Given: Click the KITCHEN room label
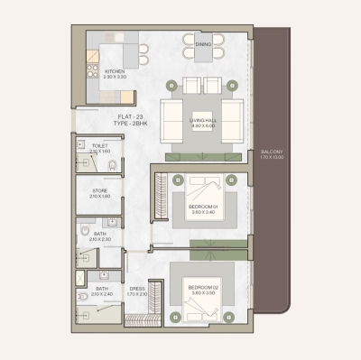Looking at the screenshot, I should click(x=114, y=70).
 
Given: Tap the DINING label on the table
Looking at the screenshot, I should click(x=202, y=42).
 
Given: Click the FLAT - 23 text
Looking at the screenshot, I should click(x=117, y=115).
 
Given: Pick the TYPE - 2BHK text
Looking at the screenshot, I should click(x=117, y=122).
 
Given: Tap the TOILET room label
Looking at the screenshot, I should click(x=100, y=145).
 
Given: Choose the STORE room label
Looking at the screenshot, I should click(x=100, y=190).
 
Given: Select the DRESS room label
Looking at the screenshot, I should click(x=136, y=289).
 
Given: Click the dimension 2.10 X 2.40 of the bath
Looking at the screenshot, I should click(x=101, y=295).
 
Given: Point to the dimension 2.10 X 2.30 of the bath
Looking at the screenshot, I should click(x=100, y=239).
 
